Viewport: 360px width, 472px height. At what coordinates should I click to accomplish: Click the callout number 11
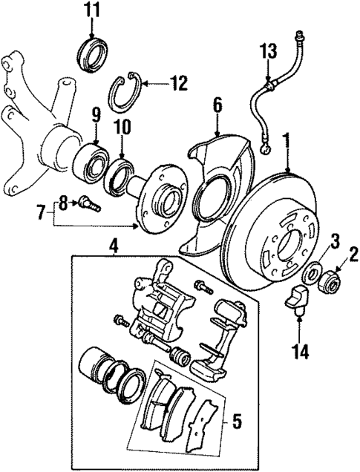91,10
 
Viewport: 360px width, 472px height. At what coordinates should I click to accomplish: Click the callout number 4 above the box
114,243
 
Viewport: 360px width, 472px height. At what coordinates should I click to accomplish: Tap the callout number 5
236,422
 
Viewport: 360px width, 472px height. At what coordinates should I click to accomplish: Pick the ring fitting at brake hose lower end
266,151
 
